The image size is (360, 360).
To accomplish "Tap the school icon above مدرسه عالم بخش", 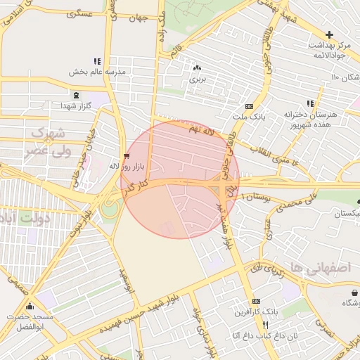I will click(x=97, y=61).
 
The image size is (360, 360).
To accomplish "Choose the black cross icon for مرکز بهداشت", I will click(x=329, y=34).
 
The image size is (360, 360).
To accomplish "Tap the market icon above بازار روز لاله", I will click(x=126, y=155).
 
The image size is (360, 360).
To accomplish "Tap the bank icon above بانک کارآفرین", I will click(x=255, y=301).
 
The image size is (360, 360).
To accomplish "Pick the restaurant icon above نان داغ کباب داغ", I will click(x=265, y=325).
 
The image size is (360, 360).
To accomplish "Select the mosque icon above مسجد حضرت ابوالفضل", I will click(x=30, y=307).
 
